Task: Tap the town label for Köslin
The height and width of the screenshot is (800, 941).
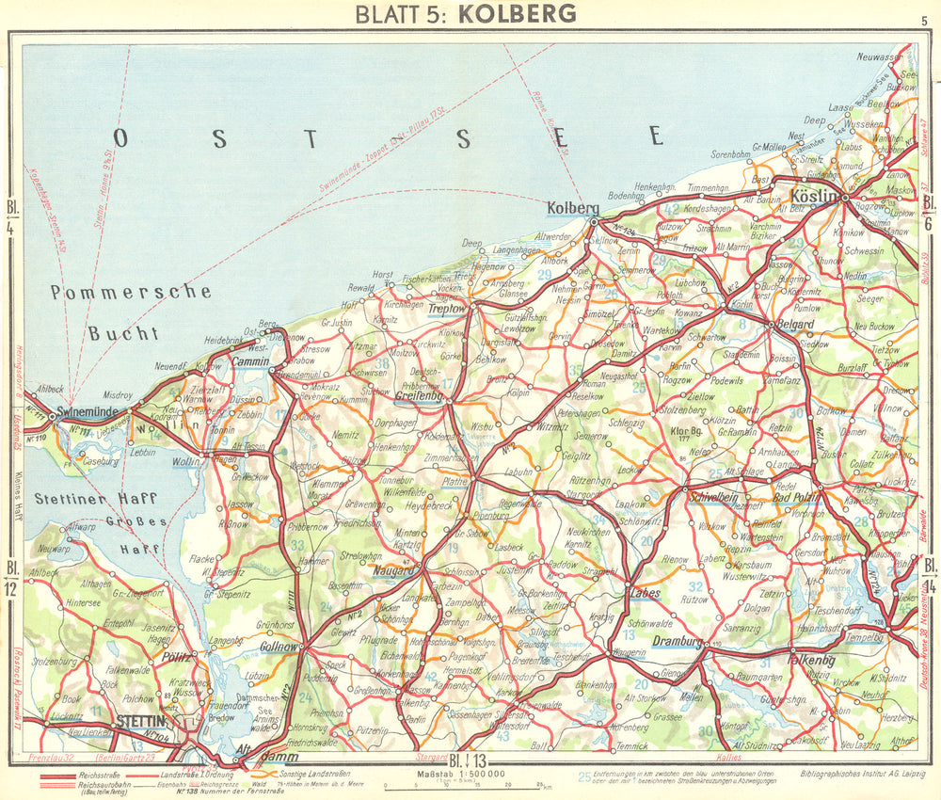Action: [814, 197]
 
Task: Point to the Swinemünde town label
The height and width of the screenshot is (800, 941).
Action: [87, 412]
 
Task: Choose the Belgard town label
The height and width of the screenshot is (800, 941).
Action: [794, 324]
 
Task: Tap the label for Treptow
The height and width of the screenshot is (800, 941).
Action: [447, 309]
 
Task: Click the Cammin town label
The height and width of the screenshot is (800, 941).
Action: [251, 361]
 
